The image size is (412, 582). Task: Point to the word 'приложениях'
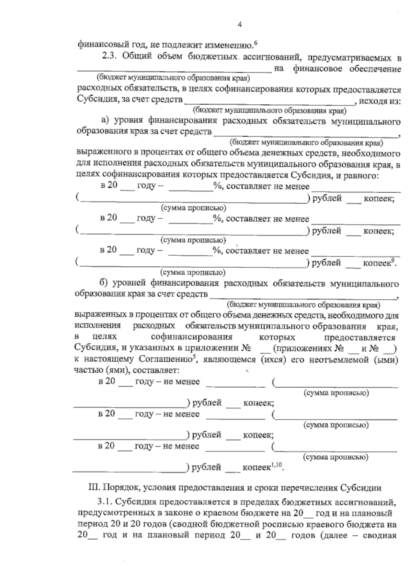pyautogui.click(x=302, y=349)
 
